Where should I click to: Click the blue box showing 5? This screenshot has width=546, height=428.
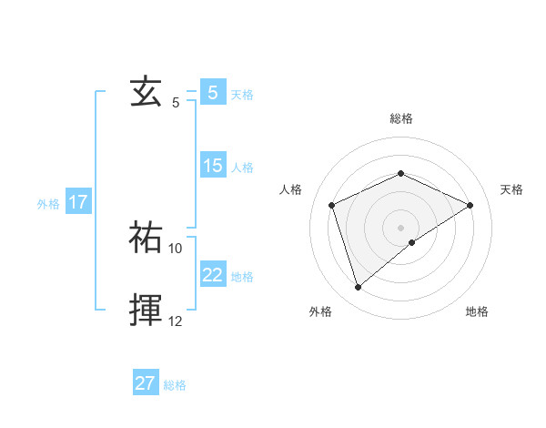[212, 93]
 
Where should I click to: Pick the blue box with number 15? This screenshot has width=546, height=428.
[212, 166]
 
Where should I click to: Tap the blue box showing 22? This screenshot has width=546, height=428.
[212, 274]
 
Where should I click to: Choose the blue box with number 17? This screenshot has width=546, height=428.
[77, 202]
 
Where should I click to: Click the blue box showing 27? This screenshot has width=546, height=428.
[146, 383]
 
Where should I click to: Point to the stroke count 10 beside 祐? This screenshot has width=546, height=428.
[176, 248]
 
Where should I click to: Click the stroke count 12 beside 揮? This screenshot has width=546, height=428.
[176, 321]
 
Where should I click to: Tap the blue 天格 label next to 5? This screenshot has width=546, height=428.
[242, 95]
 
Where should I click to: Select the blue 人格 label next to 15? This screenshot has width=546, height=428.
[242, 168]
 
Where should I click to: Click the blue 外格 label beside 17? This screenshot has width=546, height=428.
[48, 204]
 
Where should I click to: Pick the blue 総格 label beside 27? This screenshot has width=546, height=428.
[175, 385]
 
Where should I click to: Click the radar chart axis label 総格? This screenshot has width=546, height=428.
[400, 118]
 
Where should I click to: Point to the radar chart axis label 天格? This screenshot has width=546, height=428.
[511, 189]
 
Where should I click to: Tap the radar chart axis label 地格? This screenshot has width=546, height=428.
[477, 312]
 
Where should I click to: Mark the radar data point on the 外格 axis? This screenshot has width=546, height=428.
[358, 288]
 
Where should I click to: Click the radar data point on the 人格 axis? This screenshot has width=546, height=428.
[332, 205]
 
